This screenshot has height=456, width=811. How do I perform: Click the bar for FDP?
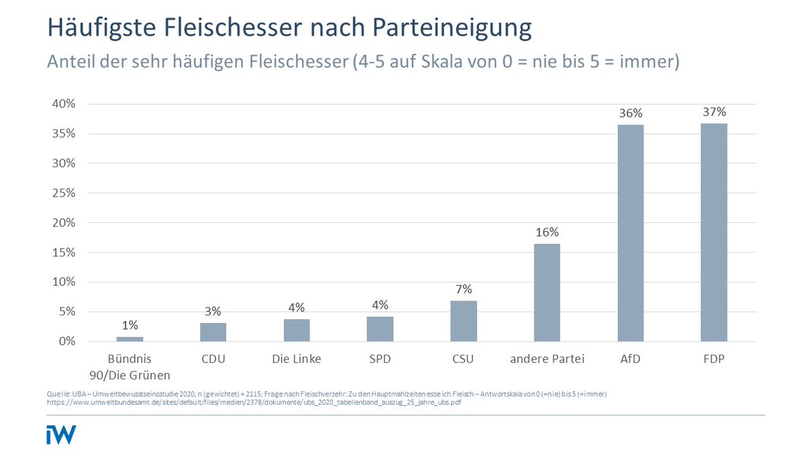[x=714, y=232]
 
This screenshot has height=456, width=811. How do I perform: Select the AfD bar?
[x=631, y=233]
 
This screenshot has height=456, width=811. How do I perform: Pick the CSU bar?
[x=464, y=321]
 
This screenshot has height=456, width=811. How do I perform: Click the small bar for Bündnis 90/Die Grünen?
[x=130, y=338]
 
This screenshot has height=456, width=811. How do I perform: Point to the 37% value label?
[x=714, y=111]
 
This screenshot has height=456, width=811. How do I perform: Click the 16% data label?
[x=547, y=232]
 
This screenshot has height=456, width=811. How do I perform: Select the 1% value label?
[x=130, y=324]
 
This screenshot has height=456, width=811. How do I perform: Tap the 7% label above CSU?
[x=464, y=288]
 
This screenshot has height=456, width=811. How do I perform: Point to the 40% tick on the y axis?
[x=62, y=104]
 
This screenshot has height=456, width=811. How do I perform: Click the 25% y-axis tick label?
[x=62, y=193]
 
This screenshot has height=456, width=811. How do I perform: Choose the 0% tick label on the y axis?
[x=65, y=342]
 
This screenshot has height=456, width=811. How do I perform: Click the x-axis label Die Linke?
[x=297, y=359]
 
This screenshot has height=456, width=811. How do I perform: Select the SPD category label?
[x=380, y=359]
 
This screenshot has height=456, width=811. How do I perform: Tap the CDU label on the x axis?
[x=213, y=359]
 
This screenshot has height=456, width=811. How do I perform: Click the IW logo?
[x=61, y=434]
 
